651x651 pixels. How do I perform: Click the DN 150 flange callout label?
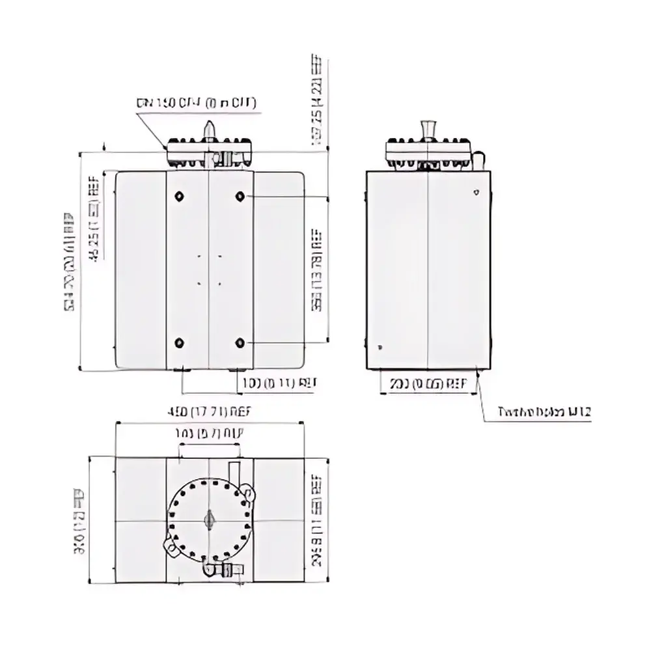click(197, 103)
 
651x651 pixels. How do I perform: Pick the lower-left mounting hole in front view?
click(180, 342)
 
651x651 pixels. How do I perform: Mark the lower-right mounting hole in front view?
click(240, 342)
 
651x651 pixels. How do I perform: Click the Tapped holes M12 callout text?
click(544, 411)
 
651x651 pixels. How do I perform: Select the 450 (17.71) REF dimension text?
click(208, 412)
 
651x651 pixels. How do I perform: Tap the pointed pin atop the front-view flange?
click(209, 129)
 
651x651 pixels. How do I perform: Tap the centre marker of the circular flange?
click(209, 519)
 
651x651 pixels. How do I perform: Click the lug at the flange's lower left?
click(170, 546)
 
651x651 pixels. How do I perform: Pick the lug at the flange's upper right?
click(248, 492)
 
